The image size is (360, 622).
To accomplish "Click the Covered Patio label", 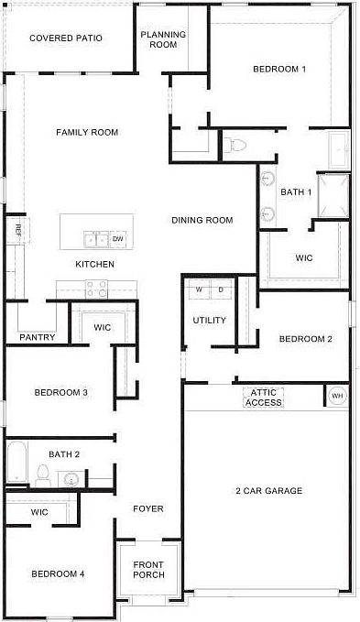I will pos(65,38).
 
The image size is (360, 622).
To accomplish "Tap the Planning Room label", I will pos(163,39).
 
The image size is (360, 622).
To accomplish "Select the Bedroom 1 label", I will pos(279,70).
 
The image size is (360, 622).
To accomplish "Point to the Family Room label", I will pos(87,133).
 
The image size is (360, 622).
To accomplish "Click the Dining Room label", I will pos(202,220).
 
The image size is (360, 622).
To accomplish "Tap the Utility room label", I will pos(208,321).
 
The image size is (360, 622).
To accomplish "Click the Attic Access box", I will pos(264,398).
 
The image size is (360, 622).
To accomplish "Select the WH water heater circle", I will pos(337,396).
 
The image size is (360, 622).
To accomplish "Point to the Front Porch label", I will pos(148,569).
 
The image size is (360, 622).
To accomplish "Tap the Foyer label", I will pos(147,508).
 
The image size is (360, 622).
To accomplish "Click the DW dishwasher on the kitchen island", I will pos(117,240).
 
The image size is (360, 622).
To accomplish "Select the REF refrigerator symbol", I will pos(16,230).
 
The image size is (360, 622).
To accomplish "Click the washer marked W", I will pos(199,289).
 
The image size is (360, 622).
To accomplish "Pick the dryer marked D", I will pos(220,289).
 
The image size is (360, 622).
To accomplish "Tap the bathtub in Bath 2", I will pos(16,463).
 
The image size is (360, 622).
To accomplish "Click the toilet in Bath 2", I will pos(42,474).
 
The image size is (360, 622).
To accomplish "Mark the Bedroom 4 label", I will pos(58,573).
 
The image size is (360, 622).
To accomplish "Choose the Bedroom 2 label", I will pos(305,339).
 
